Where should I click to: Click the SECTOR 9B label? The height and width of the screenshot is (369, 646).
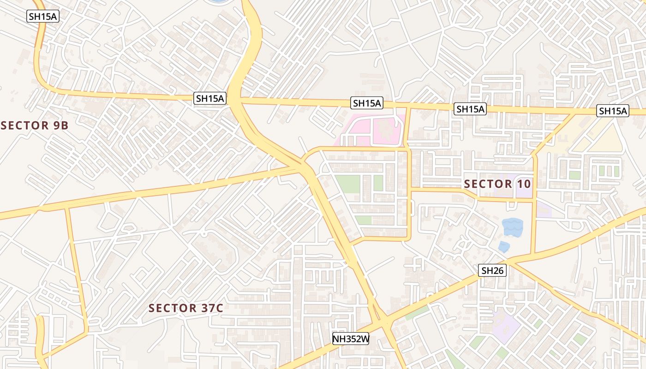coord(35,125)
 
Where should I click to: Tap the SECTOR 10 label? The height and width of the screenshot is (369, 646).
coord(497,184)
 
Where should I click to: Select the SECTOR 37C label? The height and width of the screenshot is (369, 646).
coord(186,308)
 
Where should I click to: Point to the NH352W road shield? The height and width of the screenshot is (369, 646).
coord(351,339)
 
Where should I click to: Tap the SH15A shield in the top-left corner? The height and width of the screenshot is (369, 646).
coord(43,16)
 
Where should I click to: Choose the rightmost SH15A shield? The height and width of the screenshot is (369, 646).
coord(613,111)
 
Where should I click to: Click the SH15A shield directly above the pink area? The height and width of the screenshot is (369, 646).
coord(367,103)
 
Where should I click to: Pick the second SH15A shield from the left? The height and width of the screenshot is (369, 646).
coord(210,98)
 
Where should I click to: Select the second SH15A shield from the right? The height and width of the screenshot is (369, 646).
coord(470,109)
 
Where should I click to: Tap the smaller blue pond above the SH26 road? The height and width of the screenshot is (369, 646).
coord(504,247)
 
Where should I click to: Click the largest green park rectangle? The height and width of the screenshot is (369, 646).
coord(347,184)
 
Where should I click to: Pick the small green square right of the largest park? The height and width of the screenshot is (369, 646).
coord(378,183)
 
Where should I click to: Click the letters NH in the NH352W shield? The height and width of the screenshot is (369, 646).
coord(339,339)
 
